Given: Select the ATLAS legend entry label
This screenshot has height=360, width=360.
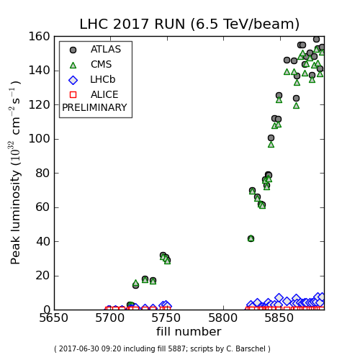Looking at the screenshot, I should coord(106,50).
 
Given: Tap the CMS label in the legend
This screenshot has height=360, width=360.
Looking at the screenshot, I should coord(102,64).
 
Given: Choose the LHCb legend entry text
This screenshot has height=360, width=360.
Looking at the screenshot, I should coord(103,79).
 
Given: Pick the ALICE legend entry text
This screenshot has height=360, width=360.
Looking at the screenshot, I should coord(104,94).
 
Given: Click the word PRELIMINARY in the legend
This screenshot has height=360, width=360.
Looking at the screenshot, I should coord(94,108).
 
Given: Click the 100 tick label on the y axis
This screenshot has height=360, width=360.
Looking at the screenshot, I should coord(40,139).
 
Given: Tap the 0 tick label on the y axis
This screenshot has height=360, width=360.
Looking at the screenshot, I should coord(46,310).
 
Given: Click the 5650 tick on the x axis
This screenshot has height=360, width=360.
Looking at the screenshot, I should coord(54,318).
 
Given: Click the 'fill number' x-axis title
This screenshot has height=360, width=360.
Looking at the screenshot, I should coord(189,332).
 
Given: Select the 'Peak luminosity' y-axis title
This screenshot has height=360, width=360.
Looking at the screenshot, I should coord(17,173).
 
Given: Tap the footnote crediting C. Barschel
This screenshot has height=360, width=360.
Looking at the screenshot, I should coord(162,349).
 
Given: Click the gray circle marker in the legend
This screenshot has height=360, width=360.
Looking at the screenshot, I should coord(73,50).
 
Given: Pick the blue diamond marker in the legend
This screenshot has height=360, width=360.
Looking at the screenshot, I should coord(73,79).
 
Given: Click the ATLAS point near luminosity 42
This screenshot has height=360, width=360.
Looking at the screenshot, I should coord(251,238).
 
